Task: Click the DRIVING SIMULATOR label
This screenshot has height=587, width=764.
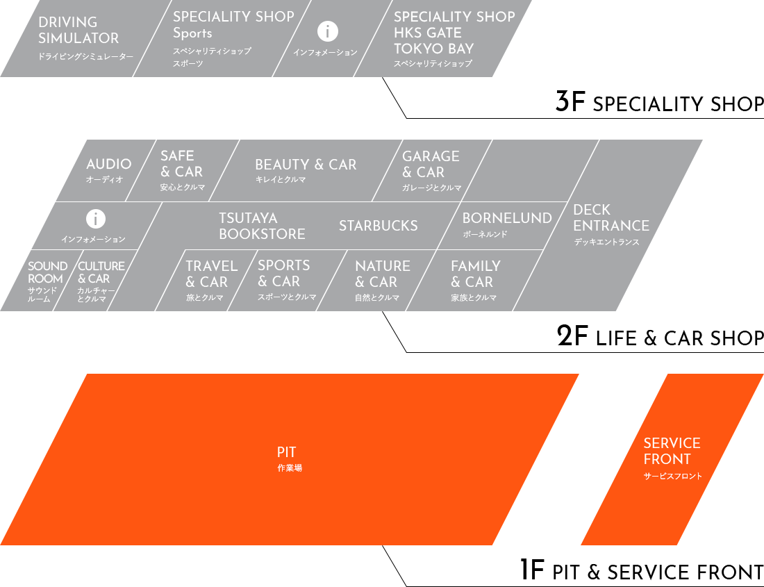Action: (x=78, y=31)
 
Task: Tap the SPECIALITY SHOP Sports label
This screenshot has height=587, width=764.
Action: (x=233, y=25)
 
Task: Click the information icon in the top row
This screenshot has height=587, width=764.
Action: (x=327, y=31)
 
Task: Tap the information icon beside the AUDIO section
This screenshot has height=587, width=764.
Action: (x=96, y=219)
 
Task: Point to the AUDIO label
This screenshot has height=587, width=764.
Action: (x=108, y=165)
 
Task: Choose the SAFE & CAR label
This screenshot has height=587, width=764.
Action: (x=181, y=164)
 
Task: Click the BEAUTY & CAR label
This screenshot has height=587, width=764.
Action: (x=306, y=165)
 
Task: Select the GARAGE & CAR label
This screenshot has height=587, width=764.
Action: (x=431, y=164)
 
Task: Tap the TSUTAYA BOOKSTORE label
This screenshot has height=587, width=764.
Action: (x=262, y=226)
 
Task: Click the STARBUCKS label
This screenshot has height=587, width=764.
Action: (x=379, y=226)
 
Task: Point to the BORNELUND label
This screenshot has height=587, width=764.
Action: (x=507, y=219)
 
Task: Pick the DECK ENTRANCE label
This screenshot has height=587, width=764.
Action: (x=611, y=218)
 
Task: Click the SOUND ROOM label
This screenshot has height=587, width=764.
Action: (x=47, y=272)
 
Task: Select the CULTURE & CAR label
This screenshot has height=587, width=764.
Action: (x=101, y=272)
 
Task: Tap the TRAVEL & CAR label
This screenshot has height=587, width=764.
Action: (x=211, y=274)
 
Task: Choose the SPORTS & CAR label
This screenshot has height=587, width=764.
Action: (x=283, y=273)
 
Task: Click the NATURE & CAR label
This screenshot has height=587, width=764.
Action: (x=382, y=274)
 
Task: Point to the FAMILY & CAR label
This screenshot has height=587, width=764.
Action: (x=475, y=274)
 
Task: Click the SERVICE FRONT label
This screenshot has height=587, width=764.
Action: (x=672, y=452)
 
